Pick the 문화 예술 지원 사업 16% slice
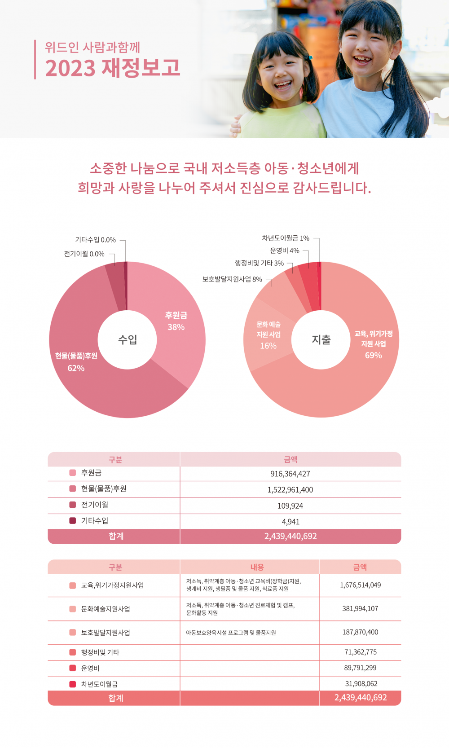tap(269, 335)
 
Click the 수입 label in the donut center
tap(128, 339)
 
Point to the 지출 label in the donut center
tap(321, 340)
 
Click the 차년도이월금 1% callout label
tap(286, 238)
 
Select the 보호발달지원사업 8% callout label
tap(232, 279)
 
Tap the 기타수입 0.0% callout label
tap(95, 240)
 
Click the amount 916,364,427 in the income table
tap(290, 474)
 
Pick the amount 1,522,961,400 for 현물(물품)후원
tap(290, 490)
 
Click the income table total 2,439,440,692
tap(291, 536)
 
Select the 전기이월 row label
tap(94, 505)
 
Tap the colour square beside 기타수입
tap(73, 521)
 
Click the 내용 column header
tap(257, 567)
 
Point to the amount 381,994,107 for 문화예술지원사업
tap(360, 609)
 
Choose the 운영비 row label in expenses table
tap(90, 668)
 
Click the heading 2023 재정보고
tap(113, 68)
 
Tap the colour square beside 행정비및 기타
tap(73, 652)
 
